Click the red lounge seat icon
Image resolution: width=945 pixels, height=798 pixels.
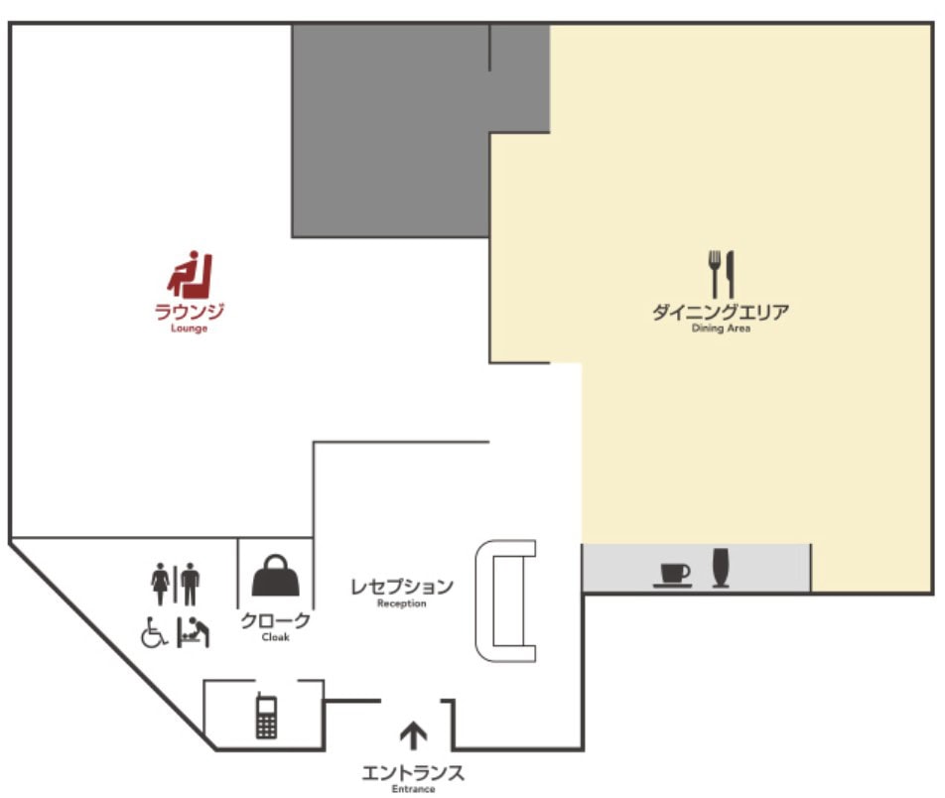tap(191, 275)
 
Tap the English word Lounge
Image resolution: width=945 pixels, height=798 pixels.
tap(190, 329)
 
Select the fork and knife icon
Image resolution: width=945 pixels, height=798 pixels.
tap(722, 274)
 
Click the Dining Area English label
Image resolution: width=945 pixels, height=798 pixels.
tap(721, 329)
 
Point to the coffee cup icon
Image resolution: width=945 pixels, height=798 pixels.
tap(673, 575)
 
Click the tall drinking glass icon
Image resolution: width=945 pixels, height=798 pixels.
tap(721, 567)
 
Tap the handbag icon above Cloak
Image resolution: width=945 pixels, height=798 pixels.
tap(275, 576)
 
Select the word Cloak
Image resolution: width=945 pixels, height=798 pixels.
tap(275, 637)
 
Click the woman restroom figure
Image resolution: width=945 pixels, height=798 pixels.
tap(161, 584)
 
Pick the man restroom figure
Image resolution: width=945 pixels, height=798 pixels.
tap(191, 584)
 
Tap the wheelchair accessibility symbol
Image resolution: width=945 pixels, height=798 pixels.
tap(154, 632)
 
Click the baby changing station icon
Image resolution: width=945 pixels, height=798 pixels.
tap(193, 632)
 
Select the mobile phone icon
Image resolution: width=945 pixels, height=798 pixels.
tap(266, 716)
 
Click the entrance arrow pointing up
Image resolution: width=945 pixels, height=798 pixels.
tap(413, 735)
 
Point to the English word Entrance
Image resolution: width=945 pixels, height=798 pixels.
tap(413, 789)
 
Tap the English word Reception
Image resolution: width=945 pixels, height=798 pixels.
tap(401, 603)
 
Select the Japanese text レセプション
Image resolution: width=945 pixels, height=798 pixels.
tap(402, 586)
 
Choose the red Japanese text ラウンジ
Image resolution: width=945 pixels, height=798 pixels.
tap(190, 311)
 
